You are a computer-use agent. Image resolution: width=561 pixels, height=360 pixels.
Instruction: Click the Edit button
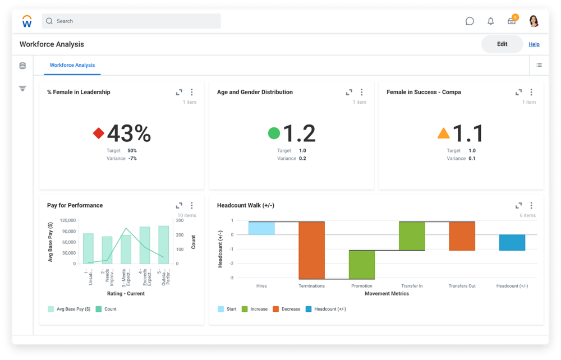coord(502,44)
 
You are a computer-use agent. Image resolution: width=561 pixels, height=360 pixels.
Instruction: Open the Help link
coord(534,44)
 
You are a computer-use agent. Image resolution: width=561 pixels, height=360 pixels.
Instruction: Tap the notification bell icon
coord(491,21)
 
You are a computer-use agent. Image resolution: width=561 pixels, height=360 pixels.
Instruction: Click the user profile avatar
coord(534,21)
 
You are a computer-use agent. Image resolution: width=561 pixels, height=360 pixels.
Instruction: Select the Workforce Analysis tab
coord(72,65)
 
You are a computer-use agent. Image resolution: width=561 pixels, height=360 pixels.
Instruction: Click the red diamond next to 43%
coord(99,133)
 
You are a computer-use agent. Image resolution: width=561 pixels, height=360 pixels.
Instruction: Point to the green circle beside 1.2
coord(274,133)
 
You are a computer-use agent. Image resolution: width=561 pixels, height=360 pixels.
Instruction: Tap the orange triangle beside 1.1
coord(443,133)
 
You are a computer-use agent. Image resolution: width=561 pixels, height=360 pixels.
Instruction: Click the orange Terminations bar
coord(311,250)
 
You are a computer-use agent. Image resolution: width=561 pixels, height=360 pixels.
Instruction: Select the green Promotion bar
coord(362,265)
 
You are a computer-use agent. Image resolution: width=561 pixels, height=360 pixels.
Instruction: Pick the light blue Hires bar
coord(261,228)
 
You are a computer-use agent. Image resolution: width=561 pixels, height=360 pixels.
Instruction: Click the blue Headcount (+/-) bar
coord(512,243)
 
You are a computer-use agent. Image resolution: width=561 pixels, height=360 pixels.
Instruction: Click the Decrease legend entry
coord(287,309)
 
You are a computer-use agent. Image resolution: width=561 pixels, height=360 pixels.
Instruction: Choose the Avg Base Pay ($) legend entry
coord(70,309)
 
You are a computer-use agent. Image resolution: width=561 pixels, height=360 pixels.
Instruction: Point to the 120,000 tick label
coord(67,220)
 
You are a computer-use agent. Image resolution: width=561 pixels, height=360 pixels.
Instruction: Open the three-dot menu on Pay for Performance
coord(192,206)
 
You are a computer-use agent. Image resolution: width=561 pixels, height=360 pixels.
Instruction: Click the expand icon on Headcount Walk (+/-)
coord(518,206)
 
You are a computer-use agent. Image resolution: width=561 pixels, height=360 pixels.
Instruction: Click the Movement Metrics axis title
coord(387,293)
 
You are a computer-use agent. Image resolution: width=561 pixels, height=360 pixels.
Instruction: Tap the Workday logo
coord(27,21)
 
